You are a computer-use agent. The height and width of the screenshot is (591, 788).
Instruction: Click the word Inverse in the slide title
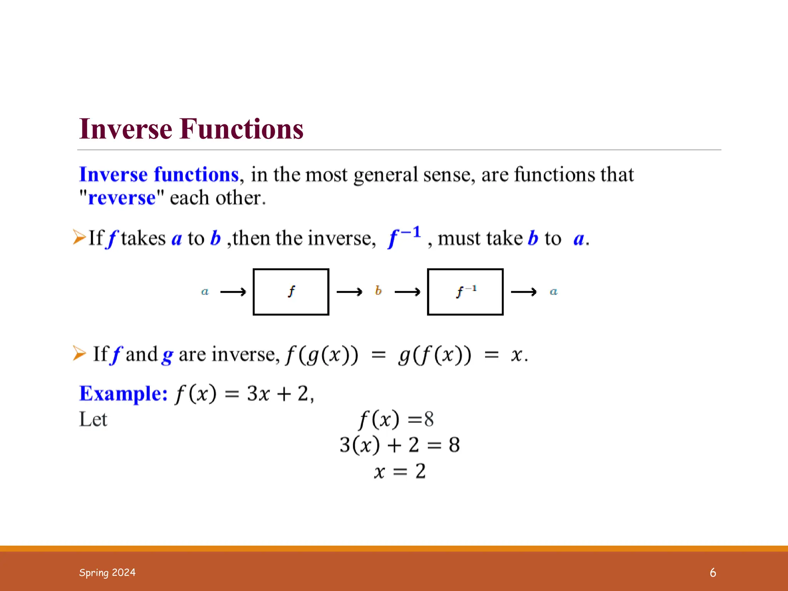coord(125,129)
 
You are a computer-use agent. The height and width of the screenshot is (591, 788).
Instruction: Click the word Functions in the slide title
coord(242,129)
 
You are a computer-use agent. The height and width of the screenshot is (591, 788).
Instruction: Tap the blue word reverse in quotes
coord(122,198)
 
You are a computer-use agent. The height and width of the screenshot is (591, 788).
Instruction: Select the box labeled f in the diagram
coord(291,292)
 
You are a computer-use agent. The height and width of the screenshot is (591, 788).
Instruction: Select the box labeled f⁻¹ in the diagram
coord(465,292)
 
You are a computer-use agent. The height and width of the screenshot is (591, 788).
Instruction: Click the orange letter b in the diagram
coord(378,290)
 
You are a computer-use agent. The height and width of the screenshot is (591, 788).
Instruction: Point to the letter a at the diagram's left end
coord(205,292)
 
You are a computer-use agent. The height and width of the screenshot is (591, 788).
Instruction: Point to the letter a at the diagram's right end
coord(553,292)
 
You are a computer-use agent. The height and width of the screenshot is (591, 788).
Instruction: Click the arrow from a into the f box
coord(233,292)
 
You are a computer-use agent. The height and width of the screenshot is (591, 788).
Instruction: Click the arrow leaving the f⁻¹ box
coord(524,292)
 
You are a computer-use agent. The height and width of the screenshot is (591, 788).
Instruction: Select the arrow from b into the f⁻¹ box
coord(407,292)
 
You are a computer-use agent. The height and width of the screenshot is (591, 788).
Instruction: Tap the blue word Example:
coord(123,394)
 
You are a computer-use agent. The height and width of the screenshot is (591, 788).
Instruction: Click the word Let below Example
coord(93,419)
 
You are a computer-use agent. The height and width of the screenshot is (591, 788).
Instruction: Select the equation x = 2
coord(400,471)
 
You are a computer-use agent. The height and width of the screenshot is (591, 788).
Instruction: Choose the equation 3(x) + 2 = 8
coord(400,445)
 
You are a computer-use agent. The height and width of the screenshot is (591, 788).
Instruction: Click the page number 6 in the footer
coord(713,573)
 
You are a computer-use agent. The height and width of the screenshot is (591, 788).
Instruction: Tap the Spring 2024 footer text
coord(107,573)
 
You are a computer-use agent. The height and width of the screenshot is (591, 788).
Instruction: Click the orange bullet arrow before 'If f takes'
coord(79,237)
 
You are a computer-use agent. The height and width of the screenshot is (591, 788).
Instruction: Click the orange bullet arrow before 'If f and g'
coord(79,353)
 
